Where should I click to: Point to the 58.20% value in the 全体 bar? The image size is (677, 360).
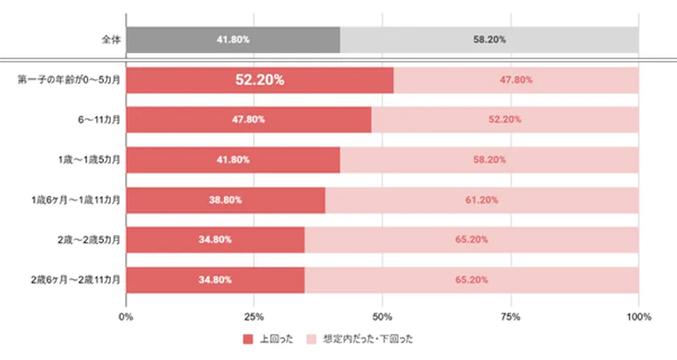click(489, 39)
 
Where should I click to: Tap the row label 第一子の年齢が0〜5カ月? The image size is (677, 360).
click(69, 80)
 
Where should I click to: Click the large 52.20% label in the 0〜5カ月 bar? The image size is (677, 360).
click(260, 80)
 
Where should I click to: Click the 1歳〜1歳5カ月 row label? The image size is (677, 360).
click(86, 159)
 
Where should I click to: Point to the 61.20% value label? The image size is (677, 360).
click(481, 199)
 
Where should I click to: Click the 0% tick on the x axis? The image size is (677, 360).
click(127, 316)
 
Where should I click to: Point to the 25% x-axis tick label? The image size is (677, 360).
click(254, 316)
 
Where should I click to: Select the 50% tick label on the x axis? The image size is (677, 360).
click(382, 316)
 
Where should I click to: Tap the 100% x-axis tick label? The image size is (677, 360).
click(638, 316)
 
